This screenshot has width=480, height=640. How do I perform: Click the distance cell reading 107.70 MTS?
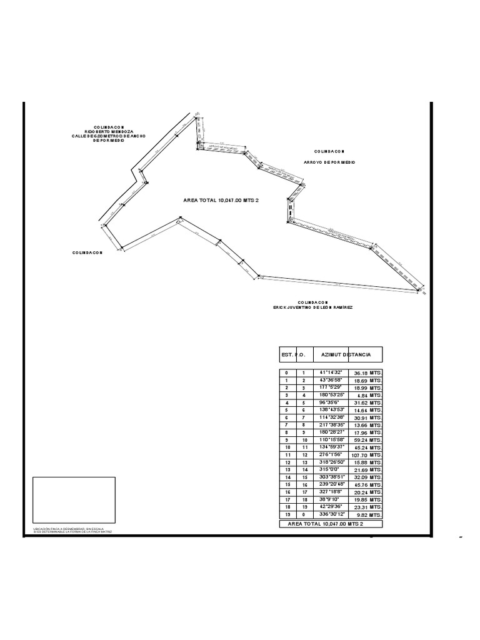(x=367, y=456)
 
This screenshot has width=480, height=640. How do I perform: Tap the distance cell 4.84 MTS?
(x=367, y=395)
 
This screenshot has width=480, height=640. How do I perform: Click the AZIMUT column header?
(x=333, y=355)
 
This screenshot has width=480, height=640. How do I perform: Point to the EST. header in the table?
(x=287, y=355)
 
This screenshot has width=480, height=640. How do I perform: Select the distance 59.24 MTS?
(x=367, y=441)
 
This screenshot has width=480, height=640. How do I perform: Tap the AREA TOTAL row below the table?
(x=331, y=523)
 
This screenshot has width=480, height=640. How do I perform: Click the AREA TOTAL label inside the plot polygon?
(x=221, y=201)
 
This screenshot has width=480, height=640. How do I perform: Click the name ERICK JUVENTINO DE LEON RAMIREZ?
(x=312, y=307)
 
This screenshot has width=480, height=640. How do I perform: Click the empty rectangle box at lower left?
(x=74, y=501)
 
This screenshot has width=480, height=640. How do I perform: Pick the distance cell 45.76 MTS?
(x=367, y=485)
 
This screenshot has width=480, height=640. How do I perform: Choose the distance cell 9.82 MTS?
(x=367, y=515)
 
